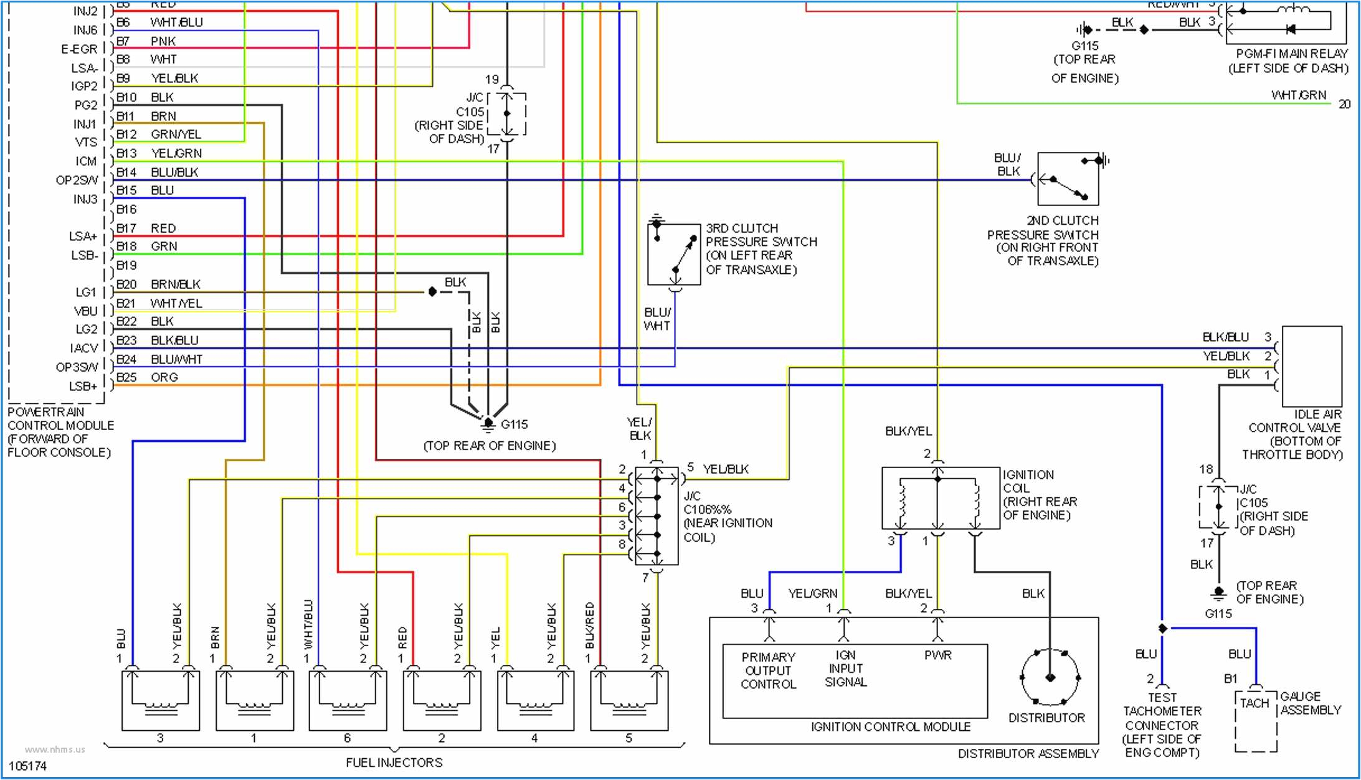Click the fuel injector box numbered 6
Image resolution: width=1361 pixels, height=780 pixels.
(348, 700)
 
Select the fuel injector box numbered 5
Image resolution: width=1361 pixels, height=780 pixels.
(629, 700)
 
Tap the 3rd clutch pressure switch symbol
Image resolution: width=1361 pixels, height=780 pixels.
(674, 254)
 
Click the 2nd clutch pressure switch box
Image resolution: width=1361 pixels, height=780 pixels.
(1068, 179)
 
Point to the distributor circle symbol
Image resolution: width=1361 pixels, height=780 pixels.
(1050, 677)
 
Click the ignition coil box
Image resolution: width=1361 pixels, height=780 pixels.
(940, 498)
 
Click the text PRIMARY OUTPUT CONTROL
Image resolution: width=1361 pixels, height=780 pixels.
(768, 670)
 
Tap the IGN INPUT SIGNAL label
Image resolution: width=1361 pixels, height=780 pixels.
(845, 669)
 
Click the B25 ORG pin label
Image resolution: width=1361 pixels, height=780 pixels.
(147, 377)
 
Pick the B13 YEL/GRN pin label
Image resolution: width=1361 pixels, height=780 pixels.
(159, 153)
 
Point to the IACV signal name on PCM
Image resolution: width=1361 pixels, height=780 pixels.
(84, 348)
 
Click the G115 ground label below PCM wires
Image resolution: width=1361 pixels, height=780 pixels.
(514, 425)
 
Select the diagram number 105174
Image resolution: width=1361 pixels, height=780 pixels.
(27, 766)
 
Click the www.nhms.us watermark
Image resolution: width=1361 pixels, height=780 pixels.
(55, 749)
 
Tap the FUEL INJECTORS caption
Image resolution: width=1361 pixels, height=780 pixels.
(394, 763)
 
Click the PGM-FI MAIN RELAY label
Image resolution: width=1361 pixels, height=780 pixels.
(1288, 61)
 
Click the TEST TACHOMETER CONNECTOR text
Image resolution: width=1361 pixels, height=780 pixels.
(1162, 725)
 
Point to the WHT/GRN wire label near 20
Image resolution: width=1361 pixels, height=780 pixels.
(1299, 95)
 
